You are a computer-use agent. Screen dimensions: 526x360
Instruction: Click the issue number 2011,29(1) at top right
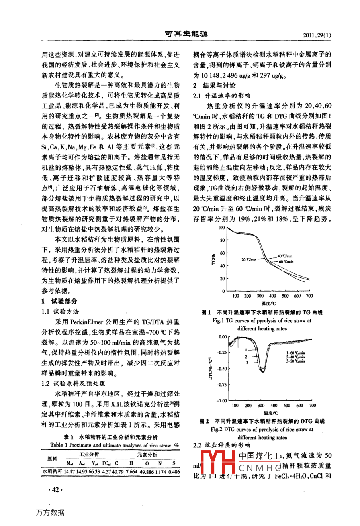(x=317, y=35)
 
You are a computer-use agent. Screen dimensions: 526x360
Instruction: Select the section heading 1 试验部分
(x=59, y=301)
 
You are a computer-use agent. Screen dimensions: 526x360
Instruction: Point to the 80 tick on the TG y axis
(x=222, y=240)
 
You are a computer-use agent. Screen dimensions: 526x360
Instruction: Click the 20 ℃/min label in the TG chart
(x=249, y=259)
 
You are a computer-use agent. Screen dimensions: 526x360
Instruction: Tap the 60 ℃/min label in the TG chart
(x=286, y=262)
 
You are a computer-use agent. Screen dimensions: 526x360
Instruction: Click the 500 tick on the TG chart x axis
(x=285, y=296)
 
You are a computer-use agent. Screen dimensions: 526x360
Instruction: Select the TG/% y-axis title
(x=214, y=259)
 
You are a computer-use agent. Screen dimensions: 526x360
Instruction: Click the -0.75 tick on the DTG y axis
(x=221, y=385)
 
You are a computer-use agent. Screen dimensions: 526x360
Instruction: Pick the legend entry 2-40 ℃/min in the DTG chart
(x=295, y=357)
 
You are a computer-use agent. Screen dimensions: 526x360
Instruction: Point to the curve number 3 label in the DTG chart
(x=247, y=363)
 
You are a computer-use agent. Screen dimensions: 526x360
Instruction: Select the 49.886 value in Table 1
(x=147, y=472)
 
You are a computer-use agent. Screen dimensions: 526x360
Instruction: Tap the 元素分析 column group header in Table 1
(x=147, y=454)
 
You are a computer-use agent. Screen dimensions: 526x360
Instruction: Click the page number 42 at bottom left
(x=55, y=490)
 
